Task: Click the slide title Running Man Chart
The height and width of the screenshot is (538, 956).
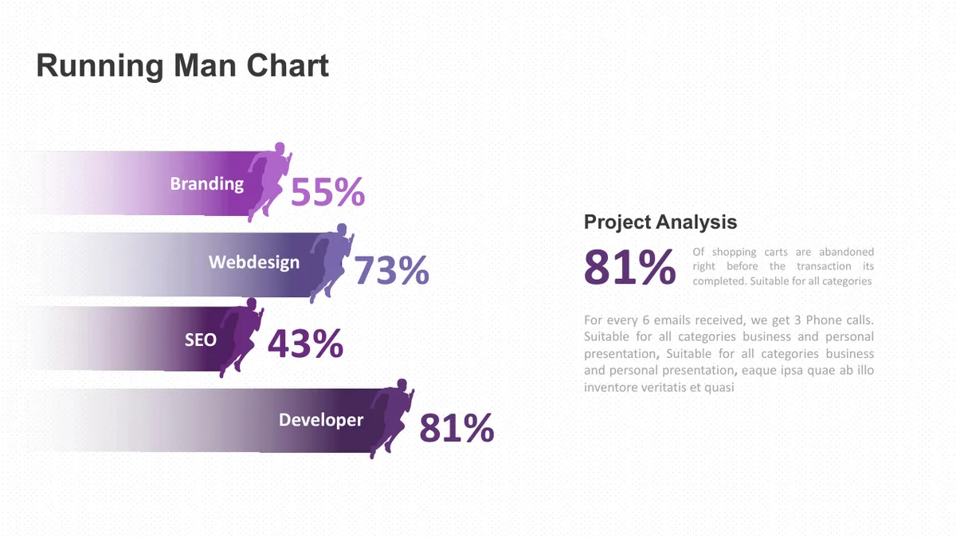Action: point(182,65)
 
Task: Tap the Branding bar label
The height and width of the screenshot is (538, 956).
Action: point(206,184)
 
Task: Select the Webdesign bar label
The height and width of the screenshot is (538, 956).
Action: point(254,262)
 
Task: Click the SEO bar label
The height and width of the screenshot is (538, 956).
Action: point(201,340)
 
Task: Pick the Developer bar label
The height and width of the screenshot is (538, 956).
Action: point(321,420)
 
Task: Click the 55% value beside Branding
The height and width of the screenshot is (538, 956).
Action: point(327,192)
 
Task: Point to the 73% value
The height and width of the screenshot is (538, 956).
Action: point(391,270)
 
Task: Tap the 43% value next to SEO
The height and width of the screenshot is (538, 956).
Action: point(305,344)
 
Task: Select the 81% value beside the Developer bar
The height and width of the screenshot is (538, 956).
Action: point(456,428)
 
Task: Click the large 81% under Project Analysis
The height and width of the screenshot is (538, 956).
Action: point(630,267)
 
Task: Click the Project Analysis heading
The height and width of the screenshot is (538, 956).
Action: point(660,222)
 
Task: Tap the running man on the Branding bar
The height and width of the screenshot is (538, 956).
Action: point(269,182)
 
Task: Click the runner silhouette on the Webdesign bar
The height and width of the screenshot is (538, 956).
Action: point(331,262)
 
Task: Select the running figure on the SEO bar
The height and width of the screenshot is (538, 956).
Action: point(241,337)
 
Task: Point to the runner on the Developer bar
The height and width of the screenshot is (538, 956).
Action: point(391,418)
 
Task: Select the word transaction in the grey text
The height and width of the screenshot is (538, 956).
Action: point(824,266)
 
